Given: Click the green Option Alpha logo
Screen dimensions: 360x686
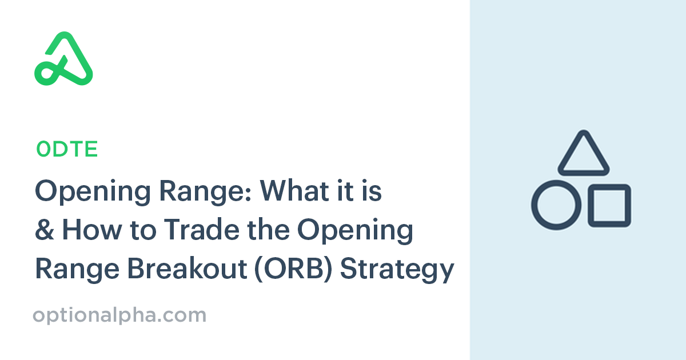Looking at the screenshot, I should [x=63, y=59].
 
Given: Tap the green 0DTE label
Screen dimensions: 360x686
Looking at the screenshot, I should [x=67, y=149].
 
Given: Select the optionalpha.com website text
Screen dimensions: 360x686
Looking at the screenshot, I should [x=119, y=315].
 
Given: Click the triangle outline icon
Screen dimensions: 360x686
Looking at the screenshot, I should [x=583, y=153].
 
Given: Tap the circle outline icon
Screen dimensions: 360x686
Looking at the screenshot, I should [x=556, y=205].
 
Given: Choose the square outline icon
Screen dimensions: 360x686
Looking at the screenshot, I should [x=609, y=205].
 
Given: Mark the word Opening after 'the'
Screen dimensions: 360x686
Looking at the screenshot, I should [x=360, y=231].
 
